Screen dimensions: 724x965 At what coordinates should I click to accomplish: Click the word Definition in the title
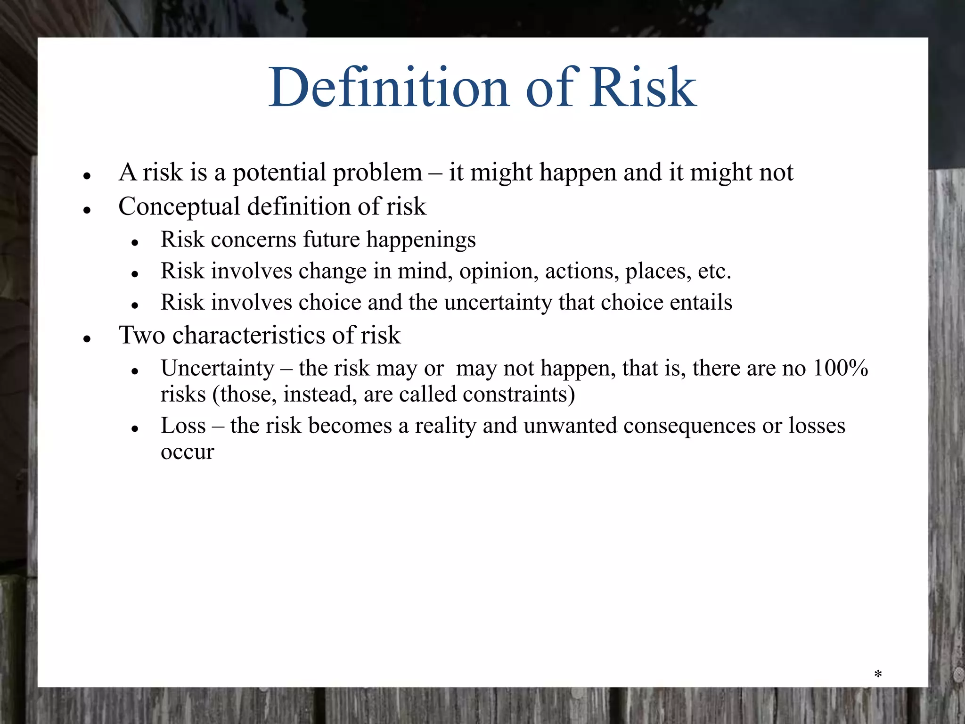click(x=389, y=88)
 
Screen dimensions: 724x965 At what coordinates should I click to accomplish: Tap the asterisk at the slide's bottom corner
click(x=878, y=675)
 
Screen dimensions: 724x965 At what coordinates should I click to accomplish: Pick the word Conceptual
click(x=179, y=207)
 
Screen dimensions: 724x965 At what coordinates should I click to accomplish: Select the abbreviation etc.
click(x=714, y=271)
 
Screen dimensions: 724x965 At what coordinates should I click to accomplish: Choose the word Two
click(x=142, y=335)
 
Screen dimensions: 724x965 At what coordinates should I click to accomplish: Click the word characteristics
click(x=249, y=335)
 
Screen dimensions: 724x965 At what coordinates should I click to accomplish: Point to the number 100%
click(x=840, y=368)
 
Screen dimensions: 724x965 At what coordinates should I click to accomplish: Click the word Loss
click(x=183, y=426)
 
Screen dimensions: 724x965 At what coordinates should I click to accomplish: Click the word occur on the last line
click(x=187, y=452)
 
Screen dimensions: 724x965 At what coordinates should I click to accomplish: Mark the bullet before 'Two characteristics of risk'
click(x=87, y=338)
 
